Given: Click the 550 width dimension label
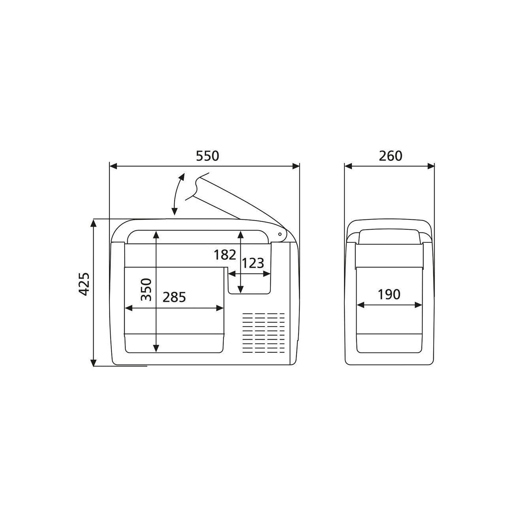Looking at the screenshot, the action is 207,156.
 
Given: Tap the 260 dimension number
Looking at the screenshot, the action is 391,156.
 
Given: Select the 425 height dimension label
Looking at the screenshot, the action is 85,284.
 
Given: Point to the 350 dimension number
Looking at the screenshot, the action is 146,290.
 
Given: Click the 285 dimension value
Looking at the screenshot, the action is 174,297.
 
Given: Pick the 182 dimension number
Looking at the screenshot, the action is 225,255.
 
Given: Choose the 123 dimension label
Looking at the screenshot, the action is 253,264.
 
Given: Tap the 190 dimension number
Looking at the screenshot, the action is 389,295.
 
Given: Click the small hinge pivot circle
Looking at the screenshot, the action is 280,234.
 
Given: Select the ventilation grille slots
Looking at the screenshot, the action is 264,333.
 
